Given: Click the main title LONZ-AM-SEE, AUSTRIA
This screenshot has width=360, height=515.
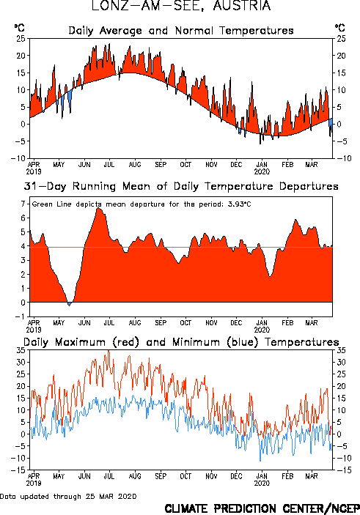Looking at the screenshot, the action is point(181,6).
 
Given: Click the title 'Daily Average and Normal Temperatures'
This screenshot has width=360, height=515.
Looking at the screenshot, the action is point(181,31).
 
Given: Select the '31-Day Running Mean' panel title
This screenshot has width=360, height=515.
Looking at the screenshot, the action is point(181,186).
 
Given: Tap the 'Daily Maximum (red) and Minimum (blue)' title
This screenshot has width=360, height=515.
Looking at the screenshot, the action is point(181,342).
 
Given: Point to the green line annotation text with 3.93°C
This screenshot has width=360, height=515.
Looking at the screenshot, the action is point(142,204).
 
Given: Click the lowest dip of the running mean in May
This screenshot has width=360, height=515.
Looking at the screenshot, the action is point(69,305).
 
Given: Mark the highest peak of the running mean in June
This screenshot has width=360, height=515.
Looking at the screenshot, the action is point(98,208).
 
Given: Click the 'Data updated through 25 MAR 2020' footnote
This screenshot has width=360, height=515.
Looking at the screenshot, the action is point(68,496).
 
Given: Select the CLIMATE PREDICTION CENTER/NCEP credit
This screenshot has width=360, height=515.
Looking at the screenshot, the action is point(262,508).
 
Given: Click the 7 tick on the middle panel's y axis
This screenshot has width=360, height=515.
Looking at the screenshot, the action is point(23,204).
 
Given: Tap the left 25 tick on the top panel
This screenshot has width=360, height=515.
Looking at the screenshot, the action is point(21,38).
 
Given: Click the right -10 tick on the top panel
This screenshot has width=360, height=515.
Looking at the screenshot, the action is point(344,158).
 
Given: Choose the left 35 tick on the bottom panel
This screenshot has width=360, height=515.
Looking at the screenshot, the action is point(21,350).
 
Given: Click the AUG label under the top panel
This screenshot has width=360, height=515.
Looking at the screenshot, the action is point(135,165).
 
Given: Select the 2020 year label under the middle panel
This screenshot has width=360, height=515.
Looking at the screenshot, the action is point(262,330).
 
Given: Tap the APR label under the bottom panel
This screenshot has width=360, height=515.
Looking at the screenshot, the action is point(34,476).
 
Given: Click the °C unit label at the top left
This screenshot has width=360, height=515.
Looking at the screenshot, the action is point(19,28).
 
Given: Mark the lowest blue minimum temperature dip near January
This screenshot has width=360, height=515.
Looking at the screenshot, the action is point(260,461).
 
